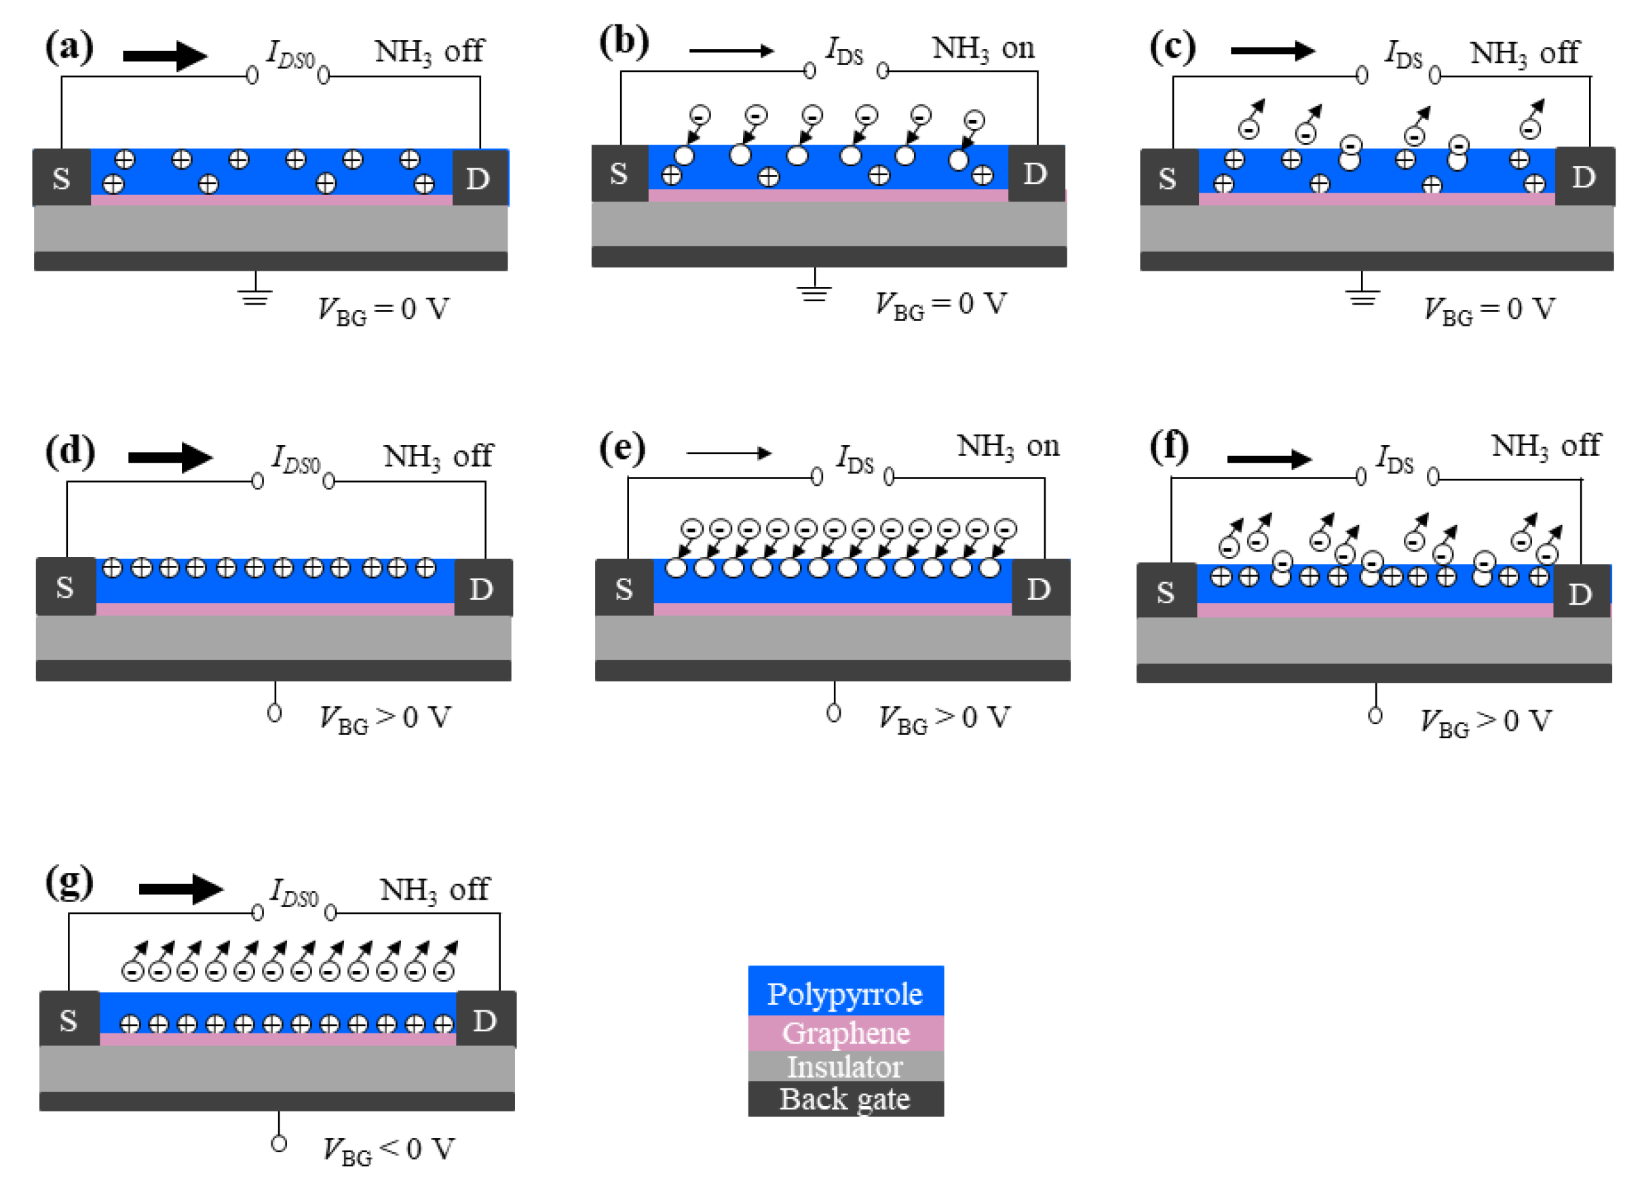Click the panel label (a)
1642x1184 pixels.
pos(69,47)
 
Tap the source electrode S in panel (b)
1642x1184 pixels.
pos(619,174)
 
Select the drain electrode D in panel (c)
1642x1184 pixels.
pos(1584,176)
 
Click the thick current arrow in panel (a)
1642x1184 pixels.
pos(165,56)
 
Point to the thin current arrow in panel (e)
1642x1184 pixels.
pos(728,453)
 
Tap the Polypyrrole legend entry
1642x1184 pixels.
pos(845,993)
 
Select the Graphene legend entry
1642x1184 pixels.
pos(845,1033)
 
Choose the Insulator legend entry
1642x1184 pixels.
pos(845,1066)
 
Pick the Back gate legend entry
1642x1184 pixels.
pos(845,1099)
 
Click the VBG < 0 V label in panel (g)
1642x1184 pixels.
pos(389,1149)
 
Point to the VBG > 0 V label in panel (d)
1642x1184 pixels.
pos(386,719)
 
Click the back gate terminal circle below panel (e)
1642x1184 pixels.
pos(833,713)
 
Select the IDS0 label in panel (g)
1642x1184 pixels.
pos(294,892)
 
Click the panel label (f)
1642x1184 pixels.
pos(1168,448)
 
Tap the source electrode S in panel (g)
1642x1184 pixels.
pos(69,1020)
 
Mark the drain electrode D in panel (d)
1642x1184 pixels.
pos(482,589)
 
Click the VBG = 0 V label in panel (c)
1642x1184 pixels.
pos(1489,309)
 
